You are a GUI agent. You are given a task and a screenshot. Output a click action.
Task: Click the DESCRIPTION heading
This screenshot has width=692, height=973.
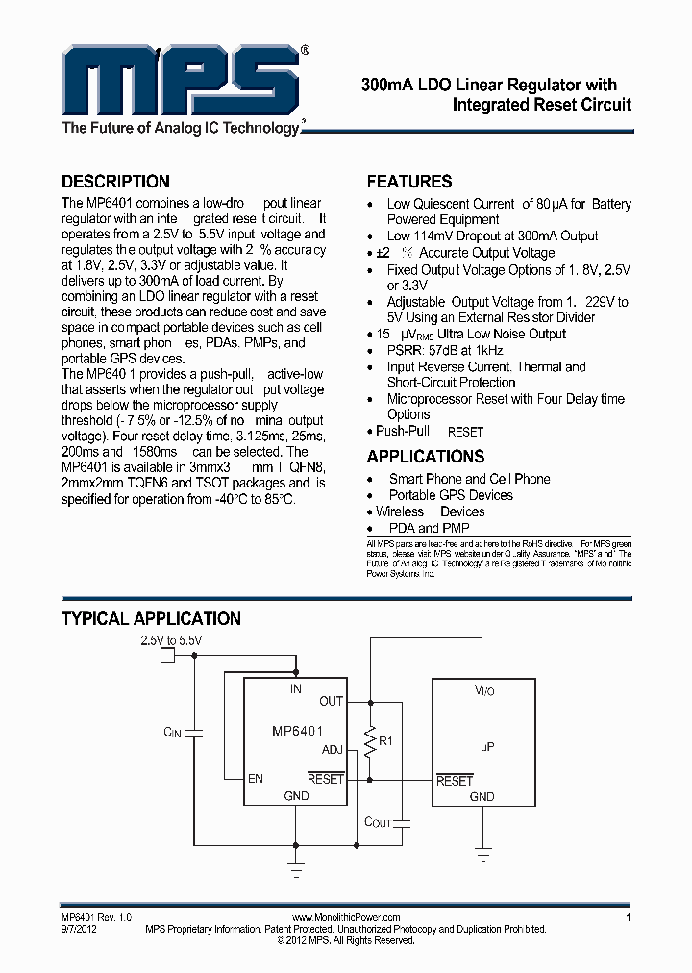115,182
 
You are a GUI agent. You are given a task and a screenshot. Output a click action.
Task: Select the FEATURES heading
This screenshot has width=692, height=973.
409,182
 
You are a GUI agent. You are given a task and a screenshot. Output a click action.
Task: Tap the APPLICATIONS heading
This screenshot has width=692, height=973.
426,457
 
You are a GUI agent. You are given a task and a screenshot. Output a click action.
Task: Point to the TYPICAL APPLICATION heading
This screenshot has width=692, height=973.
151,619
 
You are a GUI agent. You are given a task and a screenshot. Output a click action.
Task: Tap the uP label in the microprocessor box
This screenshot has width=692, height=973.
486,746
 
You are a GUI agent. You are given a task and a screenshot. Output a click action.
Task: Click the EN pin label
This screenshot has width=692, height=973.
256,779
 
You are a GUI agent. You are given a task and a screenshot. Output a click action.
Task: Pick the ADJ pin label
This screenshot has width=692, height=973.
332,750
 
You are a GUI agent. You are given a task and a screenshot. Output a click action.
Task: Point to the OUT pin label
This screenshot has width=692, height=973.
331,702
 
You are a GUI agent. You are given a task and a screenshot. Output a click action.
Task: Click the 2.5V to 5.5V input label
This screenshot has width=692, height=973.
172,639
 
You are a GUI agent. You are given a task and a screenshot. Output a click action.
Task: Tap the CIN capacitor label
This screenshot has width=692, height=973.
172,733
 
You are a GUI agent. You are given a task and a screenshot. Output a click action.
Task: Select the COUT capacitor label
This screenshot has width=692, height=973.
376,822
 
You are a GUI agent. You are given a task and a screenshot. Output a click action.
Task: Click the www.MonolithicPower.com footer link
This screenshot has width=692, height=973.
345,918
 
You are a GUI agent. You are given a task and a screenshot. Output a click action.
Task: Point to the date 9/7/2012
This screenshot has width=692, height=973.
79,930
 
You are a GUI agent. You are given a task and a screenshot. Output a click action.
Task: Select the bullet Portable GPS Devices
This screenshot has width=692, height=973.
450,495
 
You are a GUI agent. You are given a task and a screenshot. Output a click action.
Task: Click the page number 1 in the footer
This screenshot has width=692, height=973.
627,918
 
